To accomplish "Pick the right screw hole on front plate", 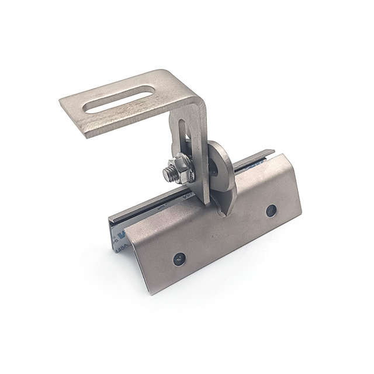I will point(271,210).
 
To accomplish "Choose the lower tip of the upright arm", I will point(206,202).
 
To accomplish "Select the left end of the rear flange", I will point(110,217).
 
